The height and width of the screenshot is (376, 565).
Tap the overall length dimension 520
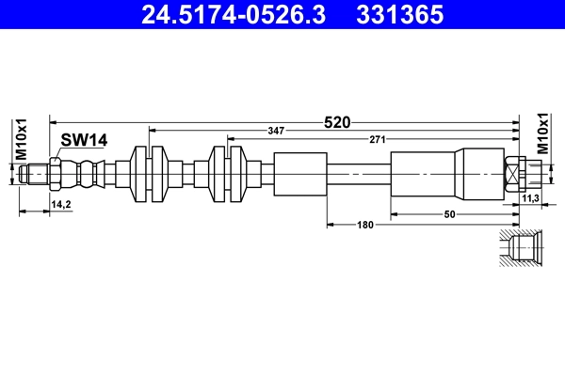(x=337, y=121)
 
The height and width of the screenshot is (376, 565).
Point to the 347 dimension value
(x=275, y=131)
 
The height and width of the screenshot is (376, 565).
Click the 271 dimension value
(x=376, y=140)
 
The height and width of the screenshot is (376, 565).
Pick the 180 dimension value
(x=366, y=224)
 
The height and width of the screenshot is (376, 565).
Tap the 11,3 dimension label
(x=530, y=198)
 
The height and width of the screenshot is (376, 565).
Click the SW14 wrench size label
(x=84, y=140)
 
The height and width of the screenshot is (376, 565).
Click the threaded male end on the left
(x=36, y=174)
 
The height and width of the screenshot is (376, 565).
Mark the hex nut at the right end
(x=514, y=174)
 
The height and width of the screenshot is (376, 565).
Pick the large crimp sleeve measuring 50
(x=424, y=174)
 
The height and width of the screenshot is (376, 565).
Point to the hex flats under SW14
(x=56, y=174)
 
